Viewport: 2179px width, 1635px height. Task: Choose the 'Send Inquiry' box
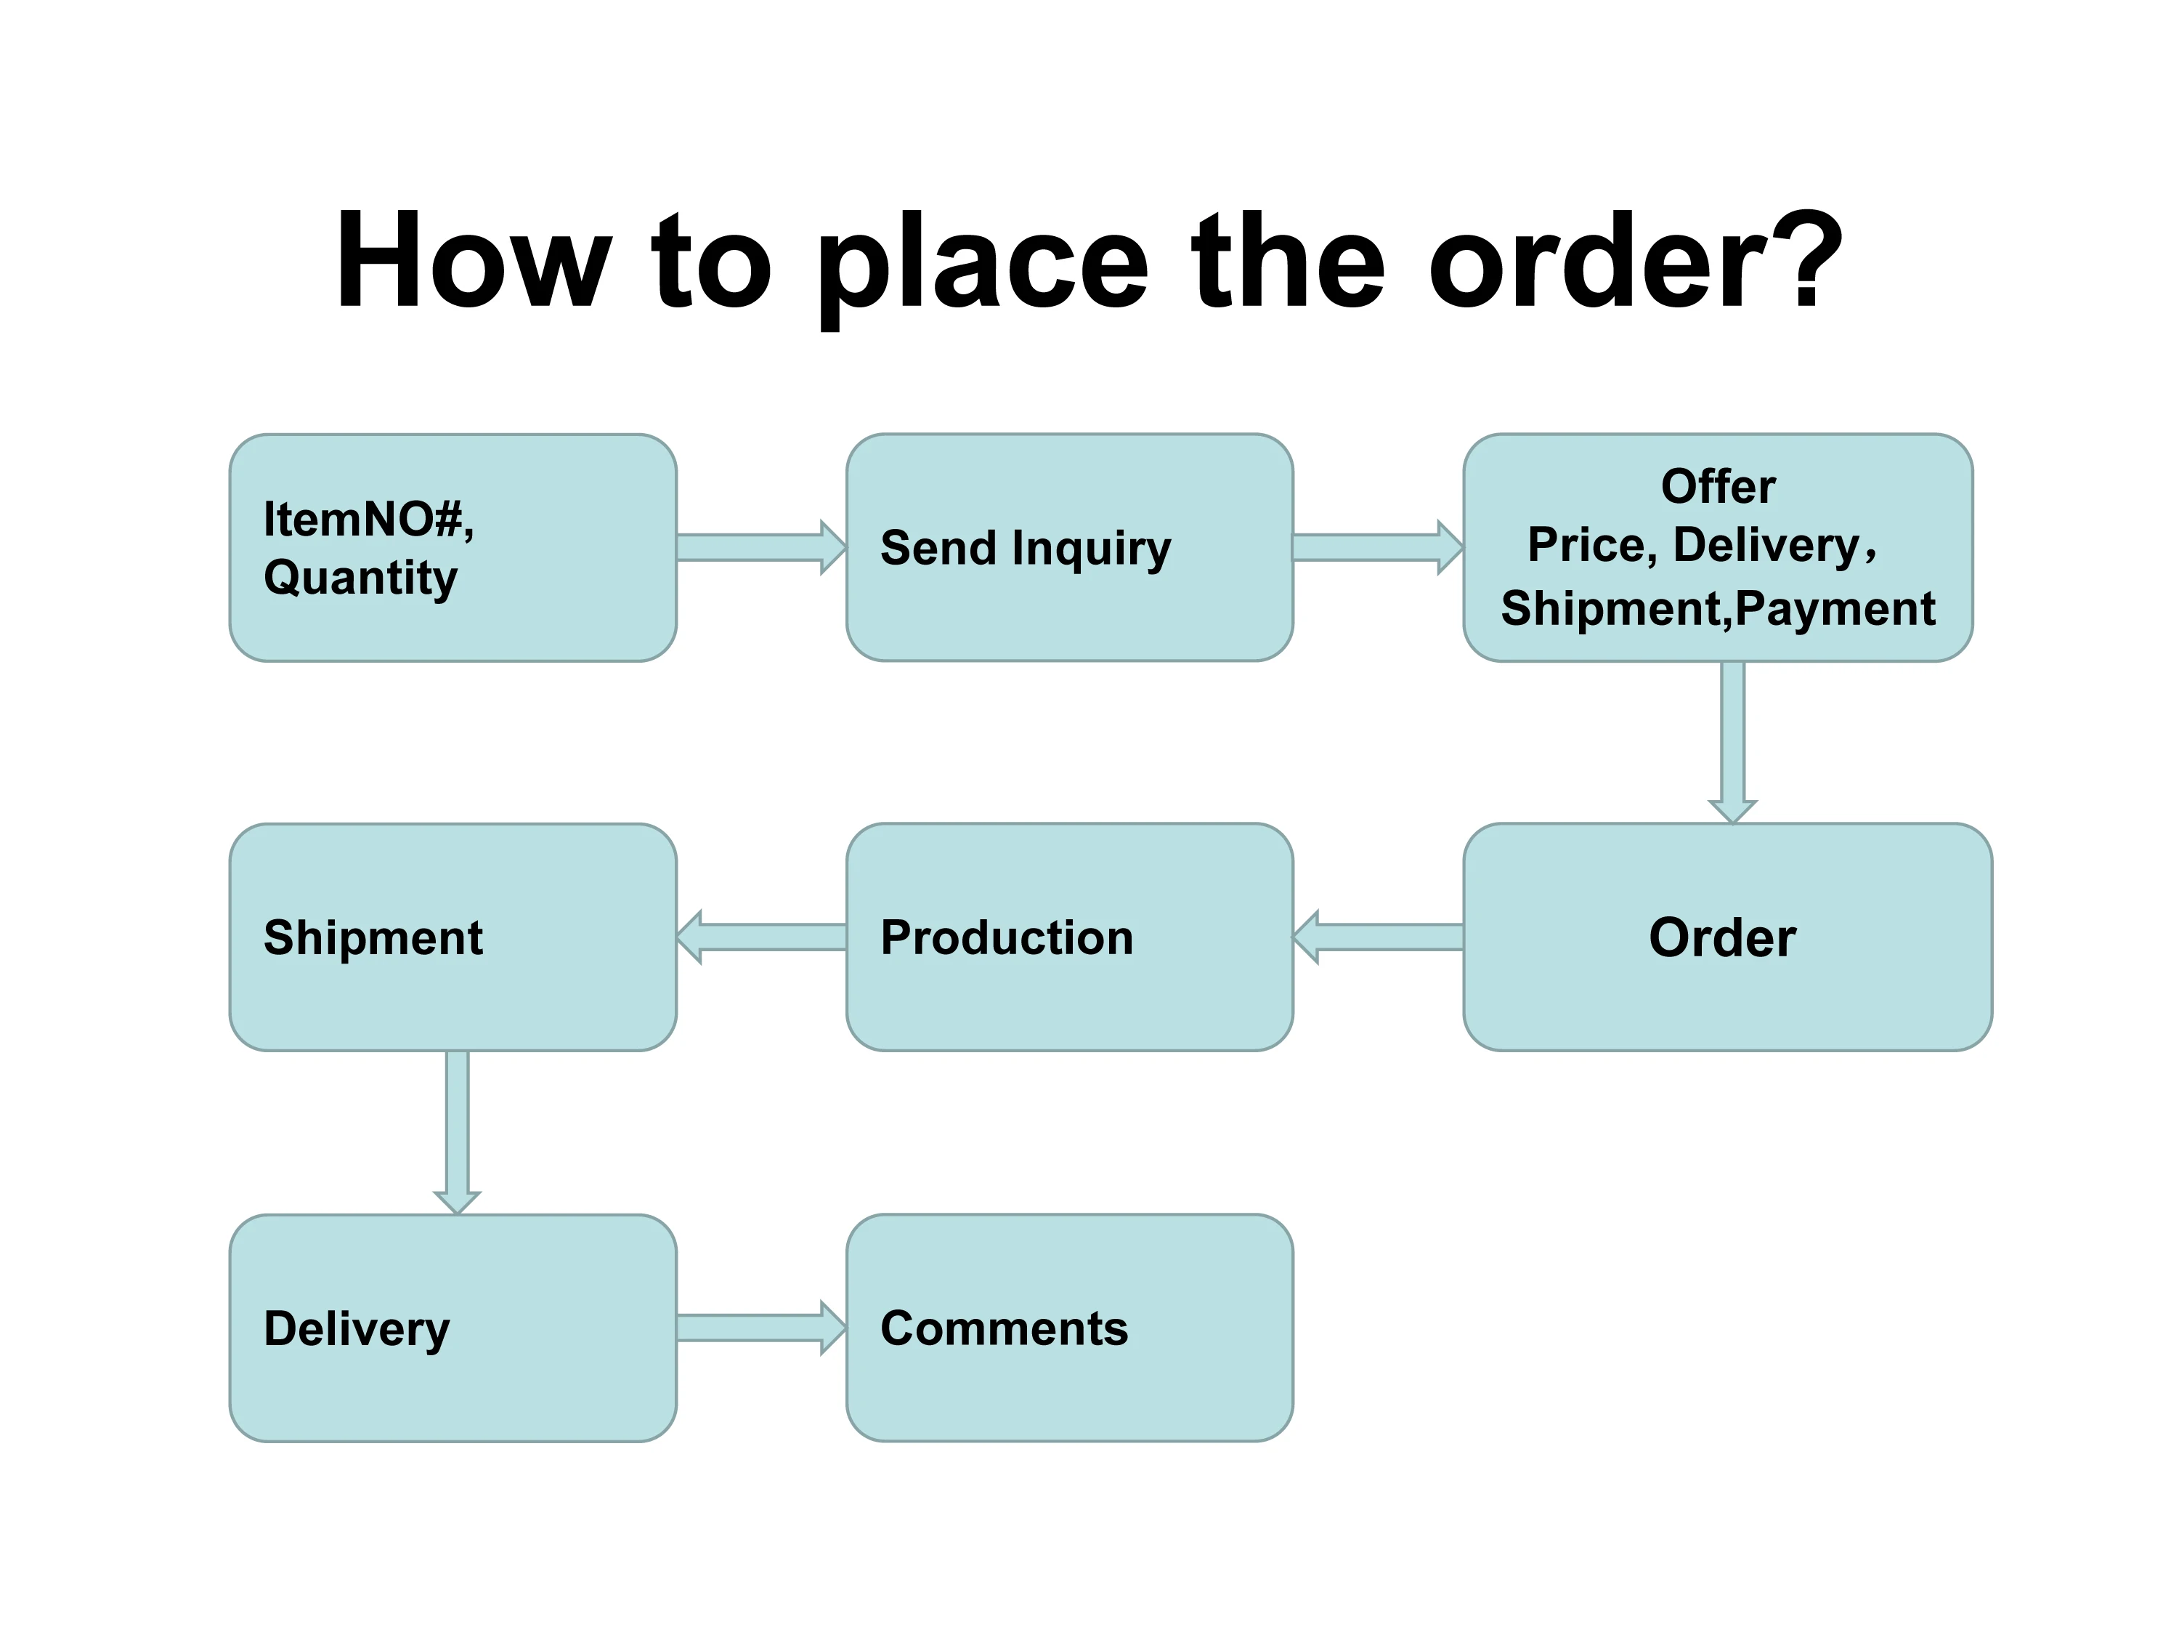[1069, 547]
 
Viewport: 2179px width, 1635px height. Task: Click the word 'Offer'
[1718, 486]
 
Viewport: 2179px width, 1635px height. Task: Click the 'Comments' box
[1069, 1328]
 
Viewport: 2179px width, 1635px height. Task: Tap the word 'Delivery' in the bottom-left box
[357, 1328]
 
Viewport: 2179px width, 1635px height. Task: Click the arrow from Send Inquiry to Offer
[1377, 547]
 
